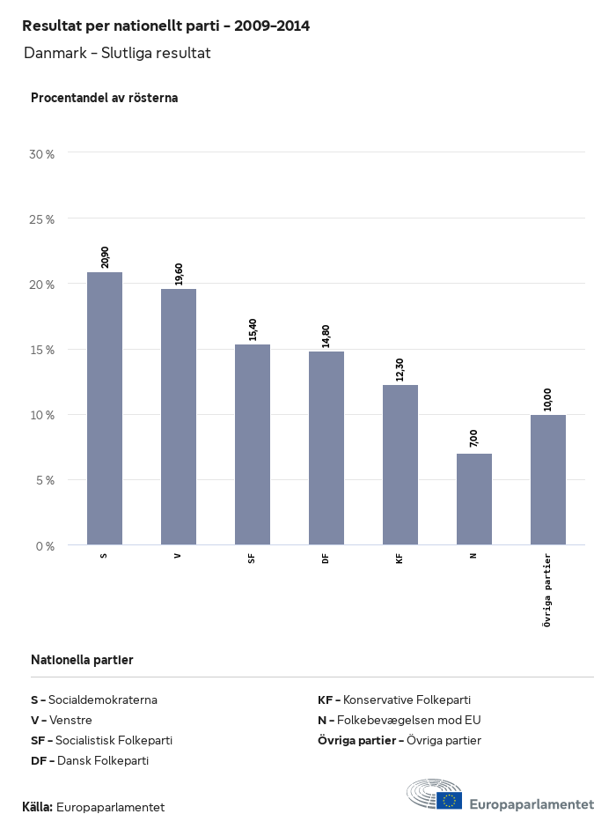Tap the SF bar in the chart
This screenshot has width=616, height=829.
point(253,444)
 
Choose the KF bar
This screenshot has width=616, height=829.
point(400,464)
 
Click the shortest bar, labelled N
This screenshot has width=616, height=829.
point(474,499)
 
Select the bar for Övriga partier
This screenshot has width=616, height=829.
point(548,479)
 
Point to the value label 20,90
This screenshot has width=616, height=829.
point(106,256)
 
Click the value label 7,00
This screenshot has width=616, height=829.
point(474,438)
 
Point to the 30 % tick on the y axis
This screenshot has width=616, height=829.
point(41,154)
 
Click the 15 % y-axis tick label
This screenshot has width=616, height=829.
point(41,350)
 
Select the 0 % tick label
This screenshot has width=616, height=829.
point(44,546)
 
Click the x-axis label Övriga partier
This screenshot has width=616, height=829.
point(547,589)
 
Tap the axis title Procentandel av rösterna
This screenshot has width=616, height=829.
point(104,98)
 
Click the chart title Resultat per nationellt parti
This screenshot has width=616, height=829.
point(165,26)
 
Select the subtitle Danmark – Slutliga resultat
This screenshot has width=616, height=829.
point(117,53)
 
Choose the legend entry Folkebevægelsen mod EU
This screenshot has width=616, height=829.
point(400,720)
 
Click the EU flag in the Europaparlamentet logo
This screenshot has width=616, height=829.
point(449,801)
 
